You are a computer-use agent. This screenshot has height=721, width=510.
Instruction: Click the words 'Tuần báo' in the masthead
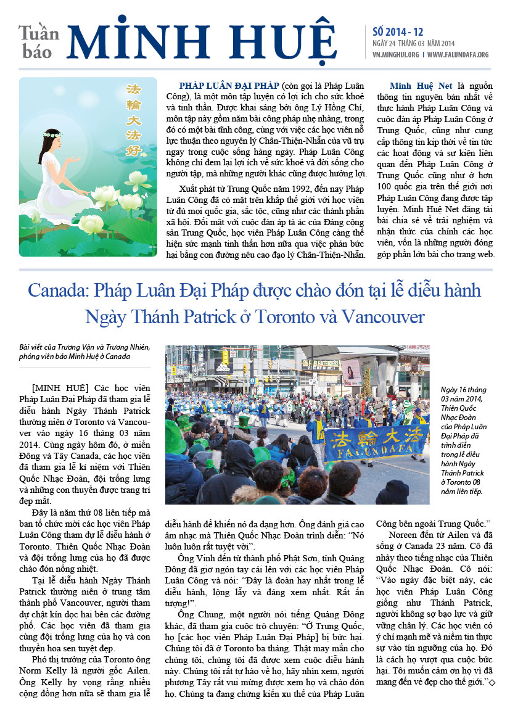[38, 42]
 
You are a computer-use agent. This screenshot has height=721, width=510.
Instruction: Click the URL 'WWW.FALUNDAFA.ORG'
[458, 54]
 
